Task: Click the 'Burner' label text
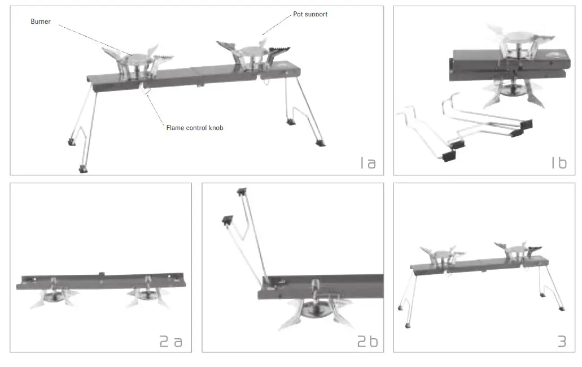[x=41, y=21]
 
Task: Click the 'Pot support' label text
[x=310, y=14]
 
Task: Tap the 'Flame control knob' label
[x=195, y=128]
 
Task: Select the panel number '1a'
[x=368, y=163]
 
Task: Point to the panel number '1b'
[x=558, y=163]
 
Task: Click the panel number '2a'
[x=170, y=341]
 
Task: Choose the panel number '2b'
[x=367, y=341]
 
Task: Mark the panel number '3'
[x=561, y=341]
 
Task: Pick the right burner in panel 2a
[x=147, y=295]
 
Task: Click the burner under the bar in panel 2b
[x=312, y=308]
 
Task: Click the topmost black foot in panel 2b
[x=243, y=192]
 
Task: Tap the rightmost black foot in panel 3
[x=562, y=309]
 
